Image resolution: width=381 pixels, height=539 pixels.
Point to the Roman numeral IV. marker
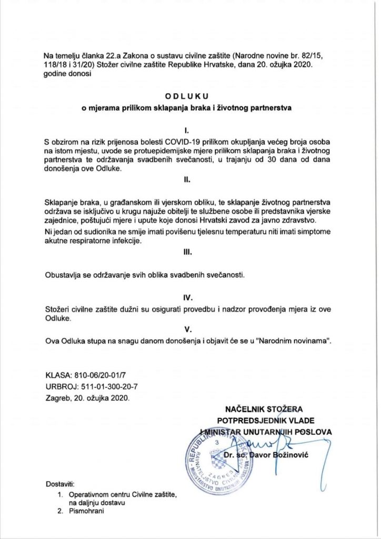click(187, 297)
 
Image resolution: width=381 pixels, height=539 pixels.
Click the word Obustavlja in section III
click(66, 275)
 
